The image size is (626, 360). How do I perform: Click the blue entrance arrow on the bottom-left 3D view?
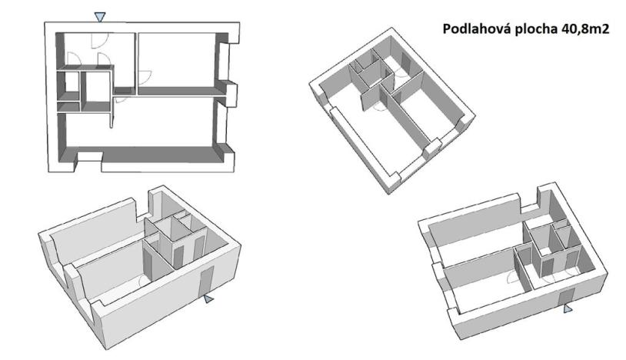[209, 299]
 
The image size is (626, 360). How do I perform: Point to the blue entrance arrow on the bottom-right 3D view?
[568, 308]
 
